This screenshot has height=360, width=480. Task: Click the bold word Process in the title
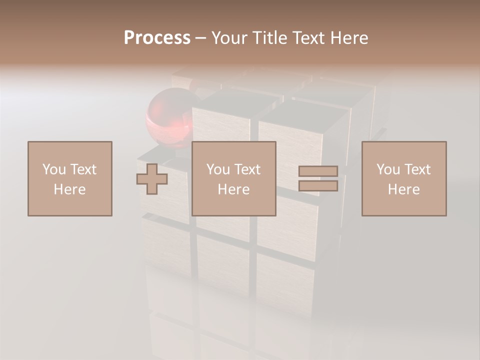pyautogui.click(x=157, y=38)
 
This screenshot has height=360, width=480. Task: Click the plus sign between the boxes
pyautogui.click(x=152, y=179)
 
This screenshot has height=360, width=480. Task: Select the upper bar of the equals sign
pyautogui.click(x=318, y=171)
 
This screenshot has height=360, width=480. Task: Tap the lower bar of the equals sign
pyautogui.click(x=318, y=186)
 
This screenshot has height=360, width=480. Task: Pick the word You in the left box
pyautogui.click(x=53, y=169)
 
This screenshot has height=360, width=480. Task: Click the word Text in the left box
pyautogui.click(x=83, y=169)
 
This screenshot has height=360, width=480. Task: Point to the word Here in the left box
pyautogui.click(x=69, y=189)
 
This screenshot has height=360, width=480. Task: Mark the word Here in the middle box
pyautogui.click(x=233, y=189)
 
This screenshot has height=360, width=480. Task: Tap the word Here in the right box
pyautogui.click(x=403, y=189)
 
